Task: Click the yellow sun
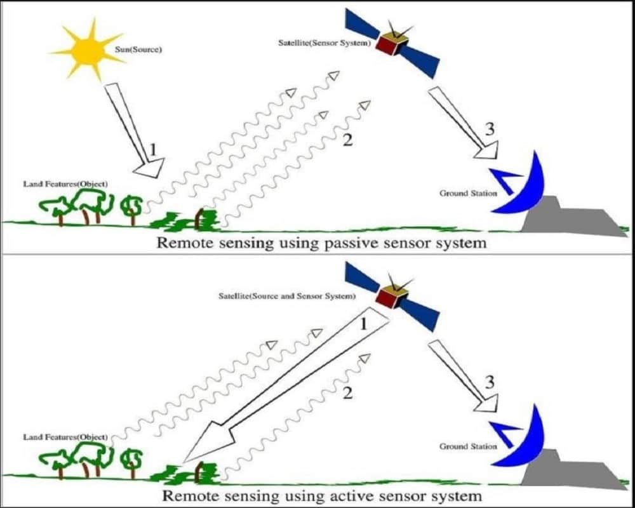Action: [90, 49]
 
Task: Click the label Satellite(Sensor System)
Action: [324, 43]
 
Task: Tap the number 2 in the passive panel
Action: [347, 140]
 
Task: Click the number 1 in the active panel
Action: [364, 324]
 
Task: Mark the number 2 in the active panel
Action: [347, 392]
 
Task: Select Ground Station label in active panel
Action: [468, 446]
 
